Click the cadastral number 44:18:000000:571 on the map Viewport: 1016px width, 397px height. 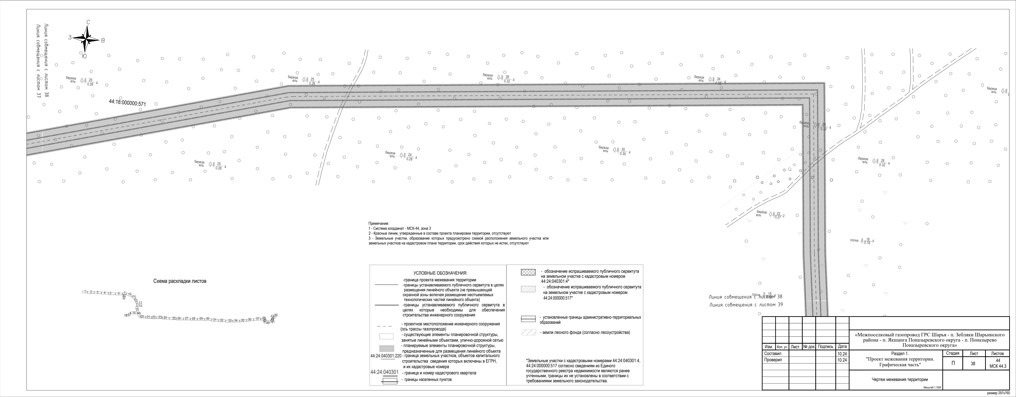[127, 103]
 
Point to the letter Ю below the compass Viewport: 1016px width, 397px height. [84, 56]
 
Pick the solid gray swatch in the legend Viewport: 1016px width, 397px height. [386, 349]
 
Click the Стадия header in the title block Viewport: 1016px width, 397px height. [952, 354]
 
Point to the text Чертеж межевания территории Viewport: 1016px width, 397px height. [894, 380]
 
